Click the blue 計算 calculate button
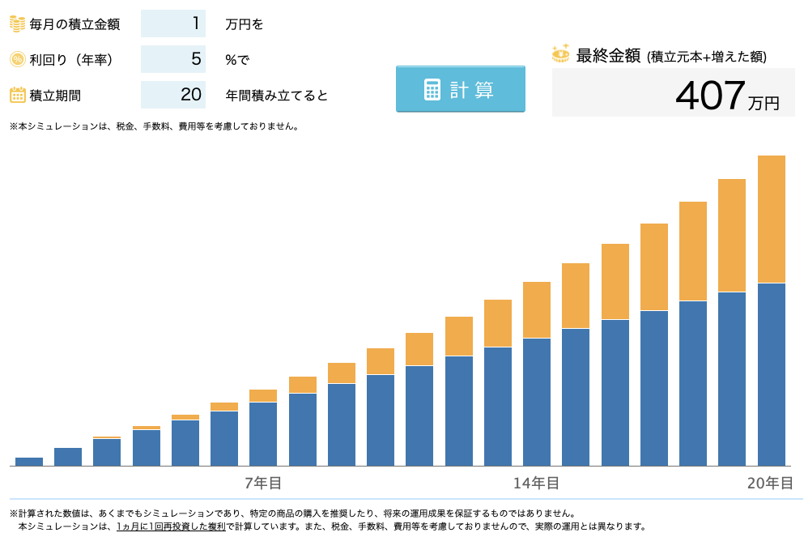point(460,89)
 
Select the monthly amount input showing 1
point(173,23)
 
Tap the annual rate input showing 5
point(173,59)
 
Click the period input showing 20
point(173,95)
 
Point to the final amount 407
point(709,96)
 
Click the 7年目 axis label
point(263,484)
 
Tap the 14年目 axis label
point(536,484)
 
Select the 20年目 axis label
point(770,484)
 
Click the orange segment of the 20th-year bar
point(772,219)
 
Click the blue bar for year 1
point(29,462)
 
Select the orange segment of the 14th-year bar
point(537,309)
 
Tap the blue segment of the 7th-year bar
point(263,433)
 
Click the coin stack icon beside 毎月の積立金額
point(17,23)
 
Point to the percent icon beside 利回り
point(17,59)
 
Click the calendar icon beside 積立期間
point(17,95)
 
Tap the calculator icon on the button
point(432,89)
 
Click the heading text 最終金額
point(608,56)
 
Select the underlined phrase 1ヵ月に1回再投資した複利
point(171,526)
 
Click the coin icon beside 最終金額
point(560,53)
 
